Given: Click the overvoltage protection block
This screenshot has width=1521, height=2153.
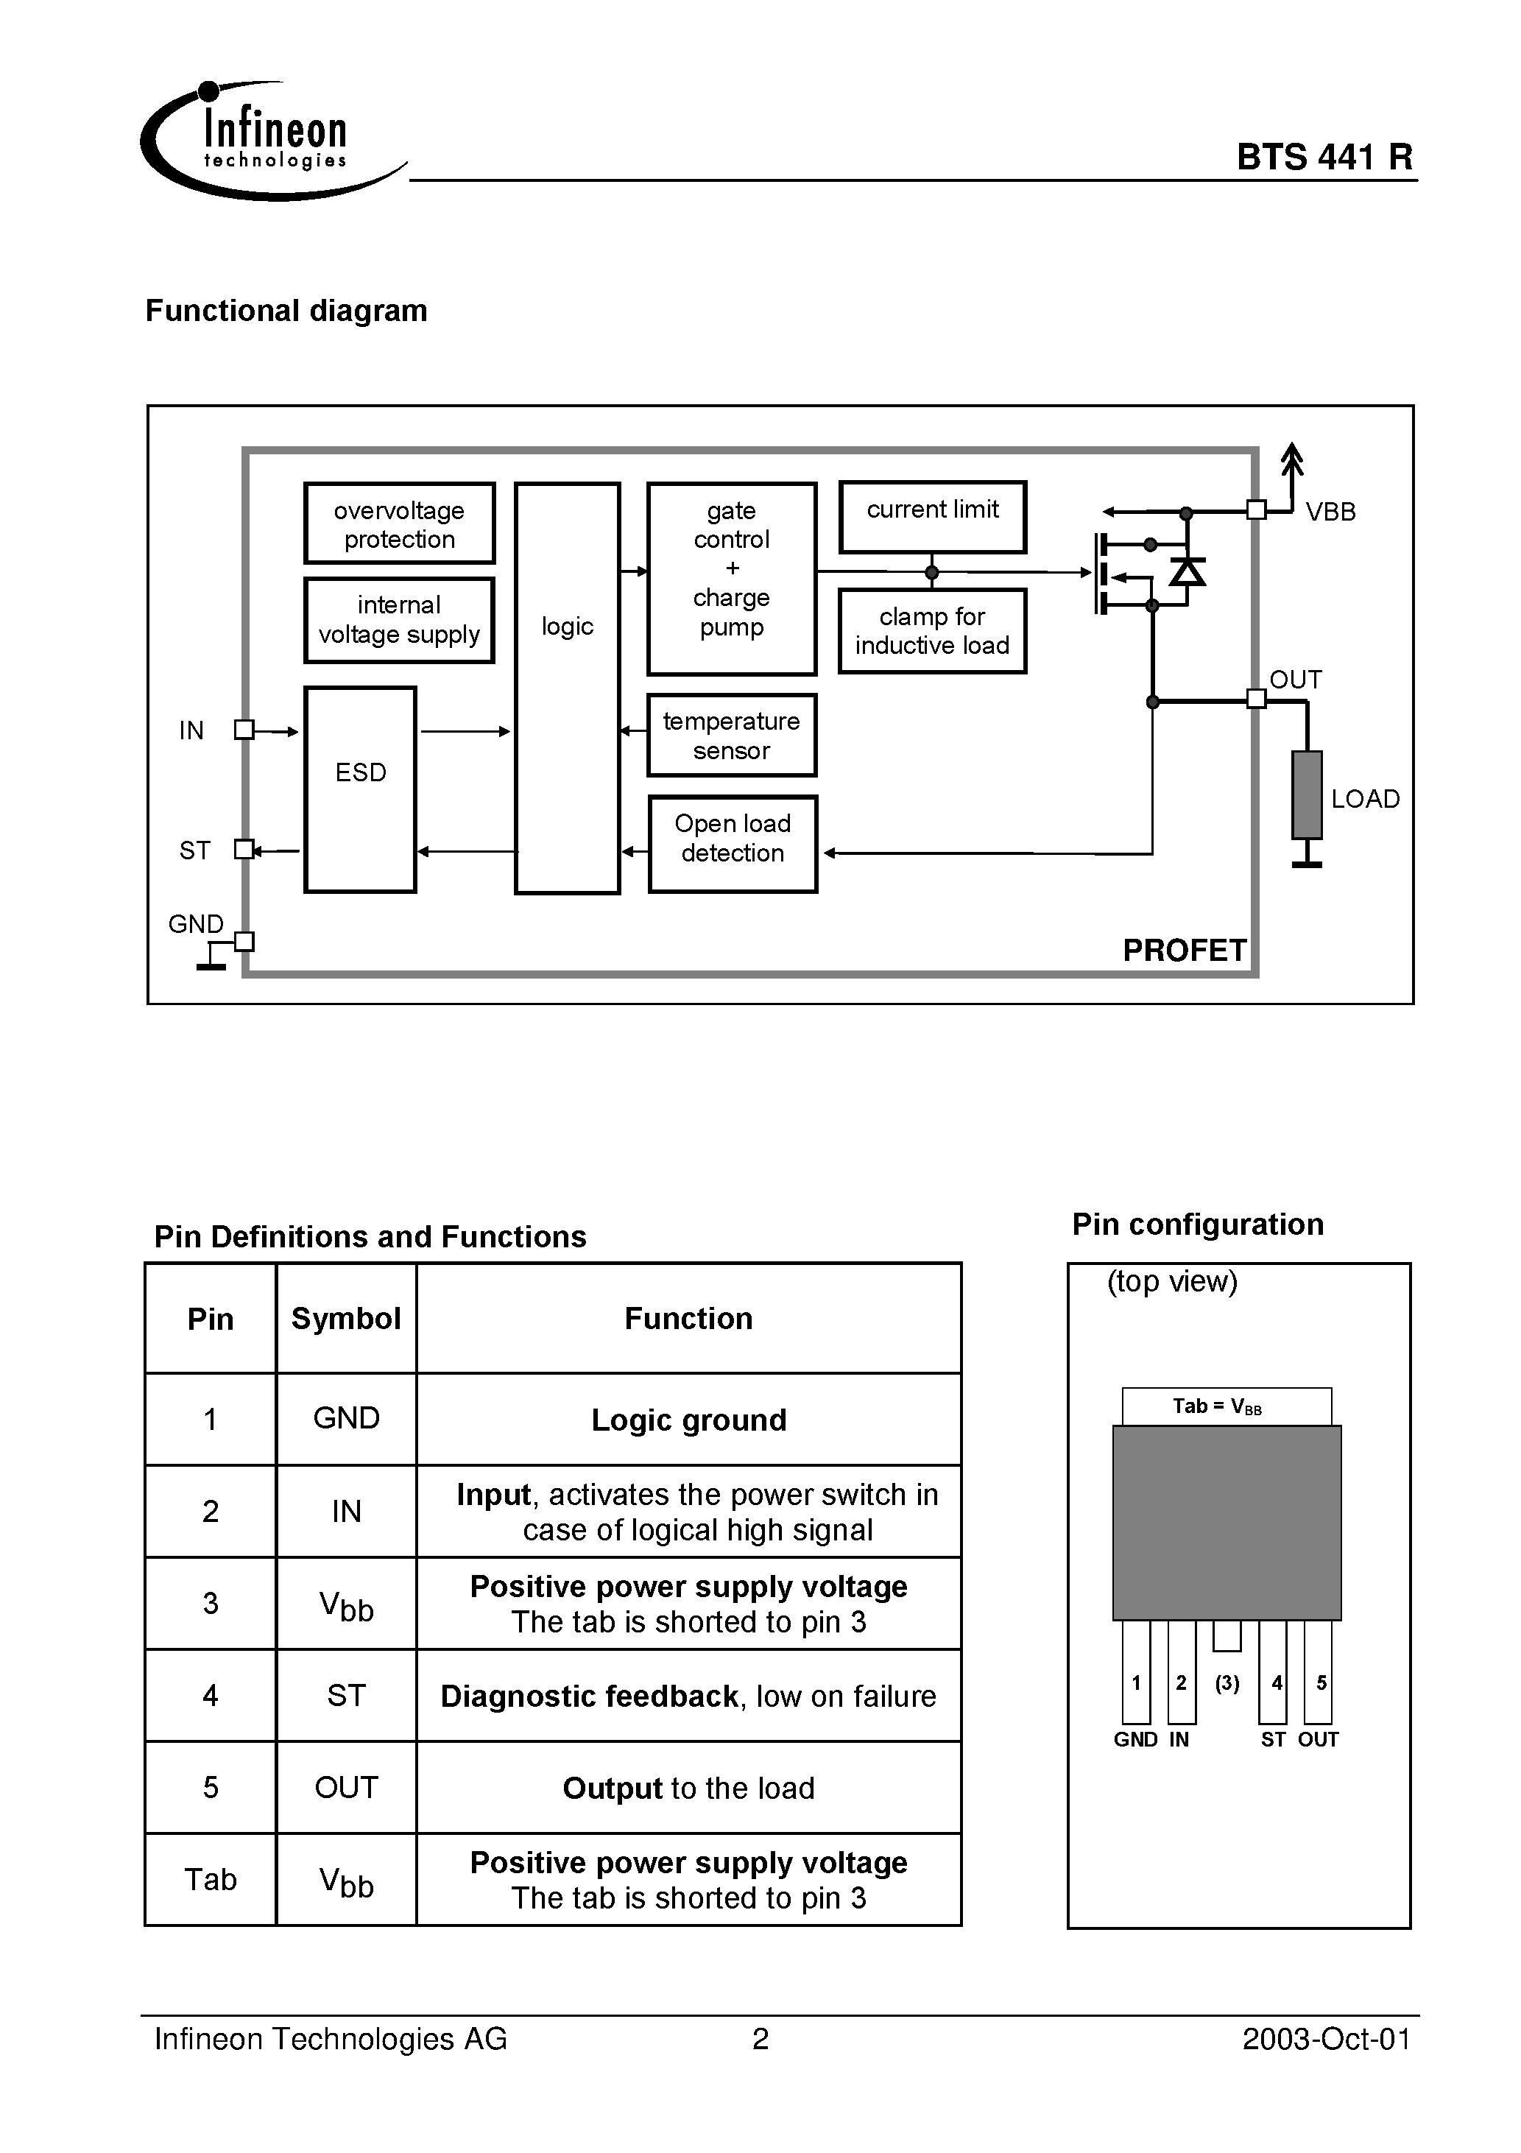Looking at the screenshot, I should (400, 524).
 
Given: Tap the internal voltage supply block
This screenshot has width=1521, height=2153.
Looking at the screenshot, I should (400, 620).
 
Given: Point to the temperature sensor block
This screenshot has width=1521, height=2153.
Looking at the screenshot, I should (732, 735).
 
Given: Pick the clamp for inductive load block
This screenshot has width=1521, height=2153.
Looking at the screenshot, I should (932, 631).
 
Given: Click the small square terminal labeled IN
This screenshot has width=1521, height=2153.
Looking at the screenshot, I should (244, 730).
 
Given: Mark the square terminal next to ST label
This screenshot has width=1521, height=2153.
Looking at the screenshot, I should (244, 849).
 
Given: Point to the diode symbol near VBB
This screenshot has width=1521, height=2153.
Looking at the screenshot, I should (1188, 570).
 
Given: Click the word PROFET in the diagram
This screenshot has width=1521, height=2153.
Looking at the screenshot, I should (1185, 950).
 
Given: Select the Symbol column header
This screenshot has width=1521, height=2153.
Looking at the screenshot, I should (346, 1319).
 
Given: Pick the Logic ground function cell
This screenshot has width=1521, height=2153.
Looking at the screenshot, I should (688, 1420).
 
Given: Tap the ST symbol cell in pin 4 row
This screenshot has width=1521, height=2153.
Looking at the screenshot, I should (346, 1696).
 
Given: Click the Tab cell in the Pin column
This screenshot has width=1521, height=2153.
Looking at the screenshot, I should (210, 1879).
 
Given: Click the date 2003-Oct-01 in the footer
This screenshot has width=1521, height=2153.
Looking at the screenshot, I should (1326, 2040).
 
